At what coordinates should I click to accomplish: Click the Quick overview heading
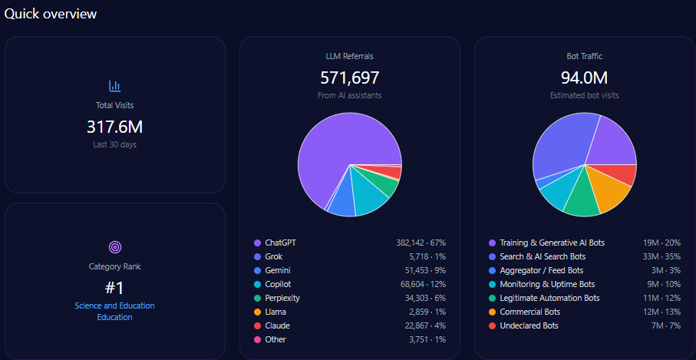tap(51, 14)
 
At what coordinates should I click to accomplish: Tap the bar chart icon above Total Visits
tap(115, 86)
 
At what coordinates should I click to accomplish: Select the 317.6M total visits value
tap(115, 127)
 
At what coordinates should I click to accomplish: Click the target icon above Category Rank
tap(115, 247)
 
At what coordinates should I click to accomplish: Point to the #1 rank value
tap(115, 288)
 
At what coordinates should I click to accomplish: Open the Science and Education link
tap(114, 306)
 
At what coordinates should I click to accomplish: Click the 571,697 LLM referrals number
tap(349, 78)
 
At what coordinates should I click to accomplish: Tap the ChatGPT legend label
tap(280, 243)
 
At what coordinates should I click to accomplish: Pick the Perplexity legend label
tap(282, 298)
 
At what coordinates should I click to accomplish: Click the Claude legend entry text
tap(277, 325)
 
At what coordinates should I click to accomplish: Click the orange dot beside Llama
tap(257, 312)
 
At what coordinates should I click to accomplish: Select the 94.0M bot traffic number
tap(584, 78)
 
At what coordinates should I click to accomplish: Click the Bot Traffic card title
tap(584, 56)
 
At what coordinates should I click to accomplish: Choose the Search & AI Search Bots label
tap(543, 256)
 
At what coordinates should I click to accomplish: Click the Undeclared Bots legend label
tap(529, 325)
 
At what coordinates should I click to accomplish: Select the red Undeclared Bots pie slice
tap(624, 174)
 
